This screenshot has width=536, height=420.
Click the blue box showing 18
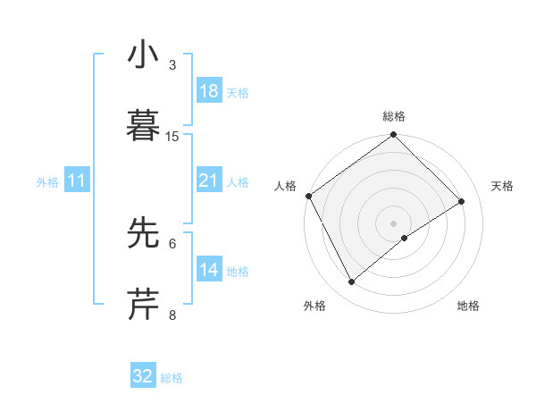point(208,91)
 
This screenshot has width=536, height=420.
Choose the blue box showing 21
point(208,181)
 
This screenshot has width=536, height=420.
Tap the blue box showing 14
point(208,270)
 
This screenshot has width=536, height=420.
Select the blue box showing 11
point(77,181)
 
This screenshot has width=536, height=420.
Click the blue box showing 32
point(143,376)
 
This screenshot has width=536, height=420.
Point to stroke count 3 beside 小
point(172,64)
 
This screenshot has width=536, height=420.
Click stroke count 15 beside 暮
point(172,136)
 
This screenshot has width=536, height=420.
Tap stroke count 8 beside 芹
point(172,315)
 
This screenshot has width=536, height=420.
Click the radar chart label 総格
point(394,116)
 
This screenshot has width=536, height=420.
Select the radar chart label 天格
point(503,186)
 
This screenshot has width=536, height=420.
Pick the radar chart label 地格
point(468,306)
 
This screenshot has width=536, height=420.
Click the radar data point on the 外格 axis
point(351,282)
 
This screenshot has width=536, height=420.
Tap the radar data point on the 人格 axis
point(308,196)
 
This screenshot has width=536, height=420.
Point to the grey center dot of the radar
point(393,223)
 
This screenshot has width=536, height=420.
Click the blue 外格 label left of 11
point(47,181)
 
